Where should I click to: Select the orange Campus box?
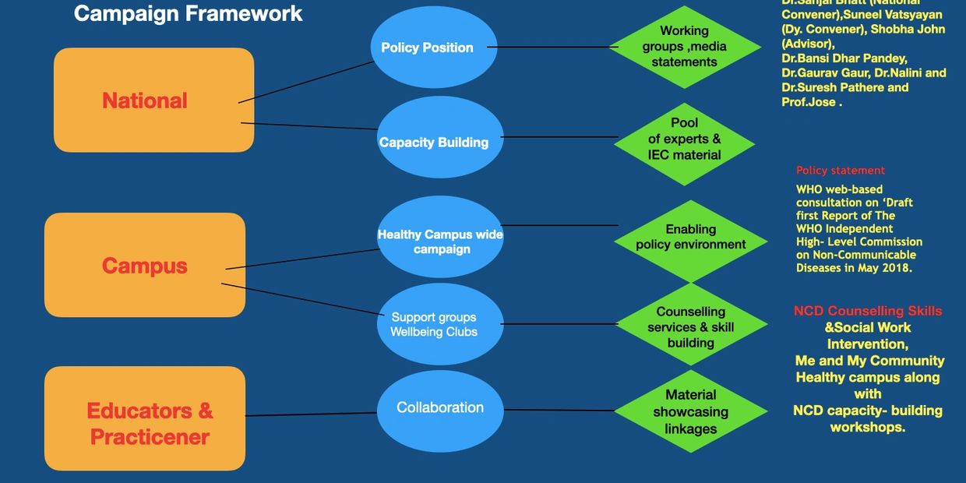click(x=145, y=265)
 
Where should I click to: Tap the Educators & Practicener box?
click(x=145, y=419)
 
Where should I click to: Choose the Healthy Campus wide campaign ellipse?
click(x=440, y=237)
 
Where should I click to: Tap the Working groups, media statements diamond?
click(x=684, y=47)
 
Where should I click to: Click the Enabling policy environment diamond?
click(x=690, y=238)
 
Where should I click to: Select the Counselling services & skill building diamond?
click(x=690, y=327)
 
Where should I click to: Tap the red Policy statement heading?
click(x=841, y=171)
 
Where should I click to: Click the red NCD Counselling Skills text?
click(x=868, y=312)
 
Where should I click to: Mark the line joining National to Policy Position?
click(x=306, y=81)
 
